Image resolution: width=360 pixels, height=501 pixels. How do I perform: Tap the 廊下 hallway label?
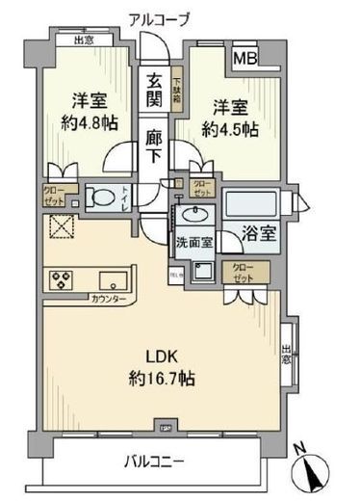pyautogui.click(x=155, y=145)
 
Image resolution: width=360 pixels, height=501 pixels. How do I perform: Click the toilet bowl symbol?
pyautogui.click(x=98, y=196)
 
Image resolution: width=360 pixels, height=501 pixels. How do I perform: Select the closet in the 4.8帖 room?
pyautogui.click(x=54, y=196)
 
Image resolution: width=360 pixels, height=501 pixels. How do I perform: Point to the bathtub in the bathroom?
pyautogui.click(x=252, y=204)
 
